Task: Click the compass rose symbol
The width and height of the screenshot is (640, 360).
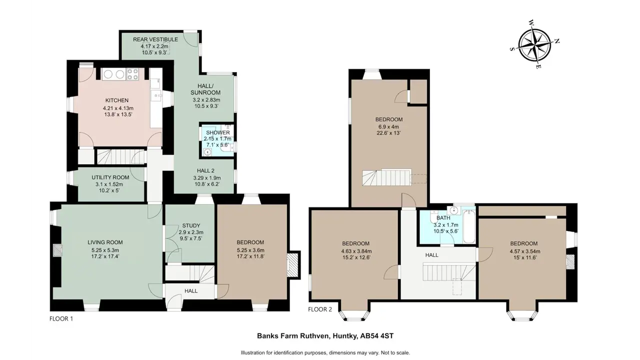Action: coord(534,45)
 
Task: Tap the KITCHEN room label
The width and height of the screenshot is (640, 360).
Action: coord(117,100)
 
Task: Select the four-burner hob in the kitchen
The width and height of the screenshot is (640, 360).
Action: coord(132,74)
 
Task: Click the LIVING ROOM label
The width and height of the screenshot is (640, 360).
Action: coord(105,242)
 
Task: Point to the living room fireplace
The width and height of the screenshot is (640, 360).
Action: coord(57,250)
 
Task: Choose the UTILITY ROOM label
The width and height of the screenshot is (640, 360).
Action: coord(110,177)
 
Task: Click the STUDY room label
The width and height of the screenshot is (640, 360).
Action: coord(191,225)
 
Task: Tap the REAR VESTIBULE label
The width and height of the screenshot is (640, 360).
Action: coord(155,39)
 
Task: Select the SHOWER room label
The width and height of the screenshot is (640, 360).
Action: coord(217,132)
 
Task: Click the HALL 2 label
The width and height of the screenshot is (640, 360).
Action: coord(205,170)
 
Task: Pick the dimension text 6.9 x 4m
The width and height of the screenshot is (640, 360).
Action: coord(388,127)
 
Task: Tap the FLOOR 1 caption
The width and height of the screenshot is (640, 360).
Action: coord(61,318)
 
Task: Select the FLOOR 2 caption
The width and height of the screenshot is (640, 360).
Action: coord(320,309)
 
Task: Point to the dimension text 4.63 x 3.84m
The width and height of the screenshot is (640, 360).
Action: coord(356,251)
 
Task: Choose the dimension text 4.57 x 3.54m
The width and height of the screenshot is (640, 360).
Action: coord(525,251)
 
